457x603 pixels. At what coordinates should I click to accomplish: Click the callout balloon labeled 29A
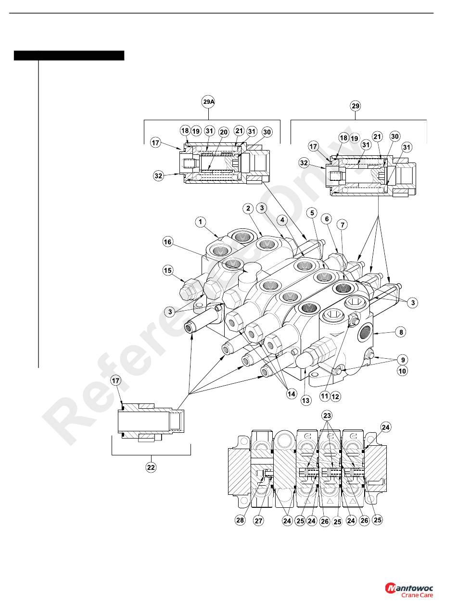[x=208, y=102]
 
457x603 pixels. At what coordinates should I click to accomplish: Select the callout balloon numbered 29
[x=355, y=106]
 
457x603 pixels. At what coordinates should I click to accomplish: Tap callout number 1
[x=201, y=222]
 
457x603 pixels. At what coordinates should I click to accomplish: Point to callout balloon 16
[x=167, y=242]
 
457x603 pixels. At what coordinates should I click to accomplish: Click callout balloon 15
[x=167, y=270]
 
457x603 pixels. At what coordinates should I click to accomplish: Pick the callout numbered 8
[x=401, y=332]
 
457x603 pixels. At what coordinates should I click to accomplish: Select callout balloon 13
[x=305, y=401]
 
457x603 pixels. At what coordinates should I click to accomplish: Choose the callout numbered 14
[x=291, y=394]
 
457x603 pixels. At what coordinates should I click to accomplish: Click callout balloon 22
[x=151, y=467]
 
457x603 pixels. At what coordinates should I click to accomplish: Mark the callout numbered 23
[x=327, y=415]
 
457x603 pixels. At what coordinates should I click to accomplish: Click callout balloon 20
[x=224, y=132]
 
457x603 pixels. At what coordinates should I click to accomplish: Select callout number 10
[x=402, y=371]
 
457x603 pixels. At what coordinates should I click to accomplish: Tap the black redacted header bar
[x=69, y=55]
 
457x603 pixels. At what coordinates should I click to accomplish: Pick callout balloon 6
[x=327, y=219]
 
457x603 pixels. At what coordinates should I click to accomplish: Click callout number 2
[x=248, y=208]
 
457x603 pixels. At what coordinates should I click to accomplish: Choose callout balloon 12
[x=335, y=396]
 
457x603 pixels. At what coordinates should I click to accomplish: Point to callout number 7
[x=343, y=225]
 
